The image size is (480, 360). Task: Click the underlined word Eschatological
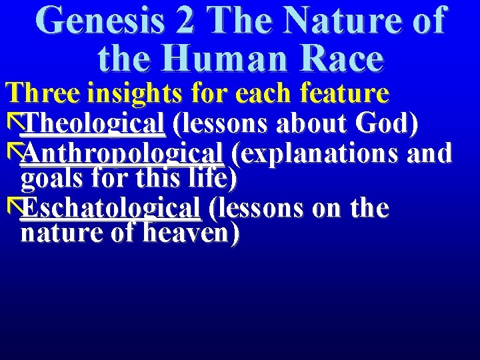click(111, 208)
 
